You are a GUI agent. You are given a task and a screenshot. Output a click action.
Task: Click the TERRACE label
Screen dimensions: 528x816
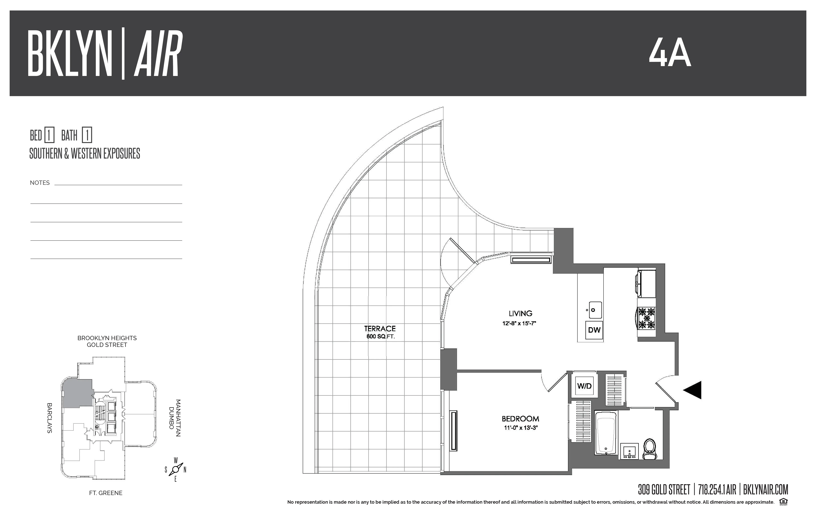[x=380, y=328]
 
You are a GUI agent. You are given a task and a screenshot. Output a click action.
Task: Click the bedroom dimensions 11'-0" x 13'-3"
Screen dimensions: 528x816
[x=520, y=428]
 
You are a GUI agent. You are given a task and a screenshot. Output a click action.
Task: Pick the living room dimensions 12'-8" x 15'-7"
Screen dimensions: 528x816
[x=519, y=323]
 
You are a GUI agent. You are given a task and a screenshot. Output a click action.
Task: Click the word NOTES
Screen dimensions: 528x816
[x=40, y=183]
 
